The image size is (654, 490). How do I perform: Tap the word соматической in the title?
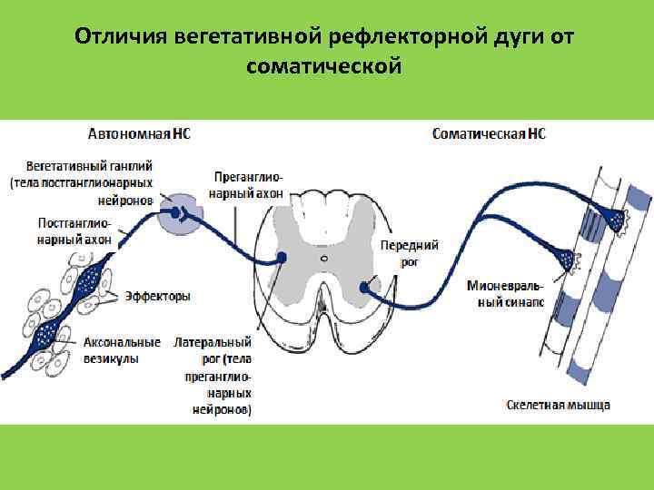click(x=322, y=66)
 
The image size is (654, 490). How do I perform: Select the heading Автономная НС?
click(x=139, y=133)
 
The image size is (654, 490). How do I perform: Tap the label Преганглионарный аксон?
click(x=247, y=185)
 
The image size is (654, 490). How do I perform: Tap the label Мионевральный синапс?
click(x=506, y=294)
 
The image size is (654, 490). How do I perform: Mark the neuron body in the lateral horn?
click(x=282, y=258)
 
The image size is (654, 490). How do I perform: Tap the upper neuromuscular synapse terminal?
click(x=618, y=218)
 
